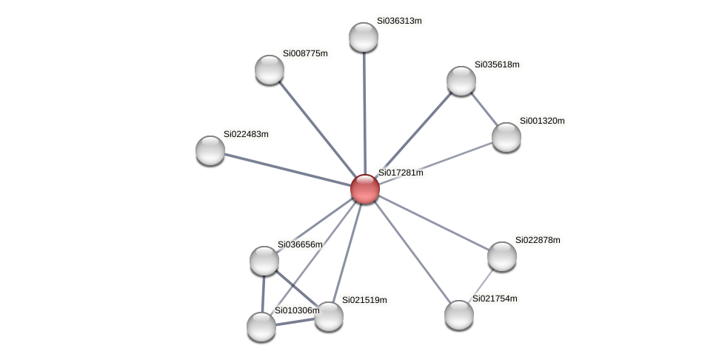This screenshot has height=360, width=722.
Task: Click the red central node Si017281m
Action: pos(364,189)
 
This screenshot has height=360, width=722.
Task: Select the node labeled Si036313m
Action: pos(363,37)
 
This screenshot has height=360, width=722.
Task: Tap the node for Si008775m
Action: pos(270,70)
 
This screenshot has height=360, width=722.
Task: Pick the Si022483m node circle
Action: pos(210,150)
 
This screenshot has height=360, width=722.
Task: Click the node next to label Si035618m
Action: pos(461,81)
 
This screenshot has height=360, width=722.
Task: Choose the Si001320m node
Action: pos(507,137)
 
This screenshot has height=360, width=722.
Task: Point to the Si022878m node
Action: pos(502,256)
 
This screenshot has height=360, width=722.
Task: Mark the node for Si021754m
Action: pos(459,315)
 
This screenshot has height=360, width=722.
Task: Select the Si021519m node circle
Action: pos(329,316)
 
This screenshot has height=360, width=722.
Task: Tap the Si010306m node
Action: pos(261,327)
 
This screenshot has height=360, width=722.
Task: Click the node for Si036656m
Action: pos(264,261)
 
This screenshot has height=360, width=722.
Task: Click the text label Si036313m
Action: pos(398,21)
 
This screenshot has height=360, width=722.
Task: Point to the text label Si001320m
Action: pos(541,121)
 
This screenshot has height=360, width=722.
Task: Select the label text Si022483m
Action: pos(246,134)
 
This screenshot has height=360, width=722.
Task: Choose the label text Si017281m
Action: pos(401,173)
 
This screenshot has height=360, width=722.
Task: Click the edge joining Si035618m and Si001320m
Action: pos(484,109)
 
